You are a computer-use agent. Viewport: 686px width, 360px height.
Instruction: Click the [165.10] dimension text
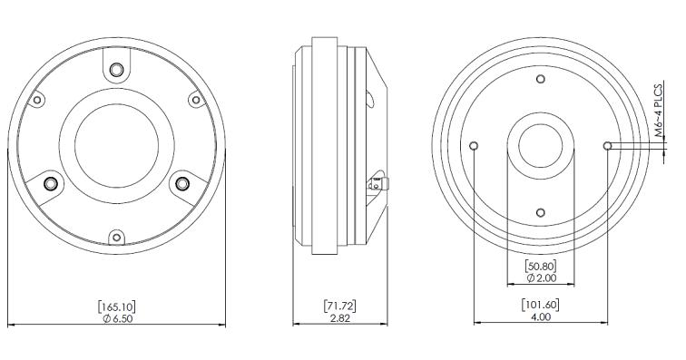pyautogui.click(x=116, y=306)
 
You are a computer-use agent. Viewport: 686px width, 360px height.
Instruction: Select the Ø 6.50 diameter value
pyautogui.click(x=116, y=319)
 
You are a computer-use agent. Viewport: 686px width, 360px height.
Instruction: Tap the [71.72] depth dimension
pyautogui.click(x=339, y=306)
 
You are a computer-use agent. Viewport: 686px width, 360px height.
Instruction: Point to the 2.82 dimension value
pyautogui.click(x=339, y=319)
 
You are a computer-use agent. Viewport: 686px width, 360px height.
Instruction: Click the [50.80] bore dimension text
pyautogui.click(x=540, y=266)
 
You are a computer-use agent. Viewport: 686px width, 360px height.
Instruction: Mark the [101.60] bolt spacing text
pyautogui.click(x=541, y=306)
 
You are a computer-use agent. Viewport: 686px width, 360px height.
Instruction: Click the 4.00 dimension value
pyautogui.click(x=541, y=319)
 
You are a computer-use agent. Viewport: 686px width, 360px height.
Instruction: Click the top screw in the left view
pyautogui.click(x=116, y=69)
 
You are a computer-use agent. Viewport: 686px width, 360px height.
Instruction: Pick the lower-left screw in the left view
pyautogui.click(x=50, y=184)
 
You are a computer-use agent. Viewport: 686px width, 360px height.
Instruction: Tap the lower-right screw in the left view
pyautogui.click(x=182, y=184)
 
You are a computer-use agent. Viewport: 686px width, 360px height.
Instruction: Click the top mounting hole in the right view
pyautogui.click(x=541, y=79)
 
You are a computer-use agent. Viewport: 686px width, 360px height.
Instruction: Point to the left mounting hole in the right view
pyautogui.click(x=475, y=145)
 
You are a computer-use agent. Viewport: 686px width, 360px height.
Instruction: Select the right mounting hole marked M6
pyautogui.click(x=607, y=145)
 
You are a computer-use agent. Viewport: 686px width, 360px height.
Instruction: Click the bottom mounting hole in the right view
pyautogui.click(x=541, y=212)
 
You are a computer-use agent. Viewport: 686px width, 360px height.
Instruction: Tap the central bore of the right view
pyautogui.click(x=541, y=145)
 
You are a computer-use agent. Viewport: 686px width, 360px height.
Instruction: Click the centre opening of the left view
pyautogui.click(x=116, y=145)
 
